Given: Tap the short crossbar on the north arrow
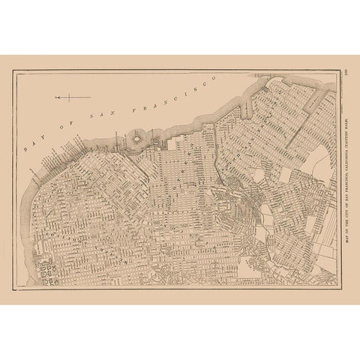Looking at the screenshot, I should (67, 97).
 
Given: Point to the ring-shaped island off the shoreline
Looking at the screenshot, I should (137, 138).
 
